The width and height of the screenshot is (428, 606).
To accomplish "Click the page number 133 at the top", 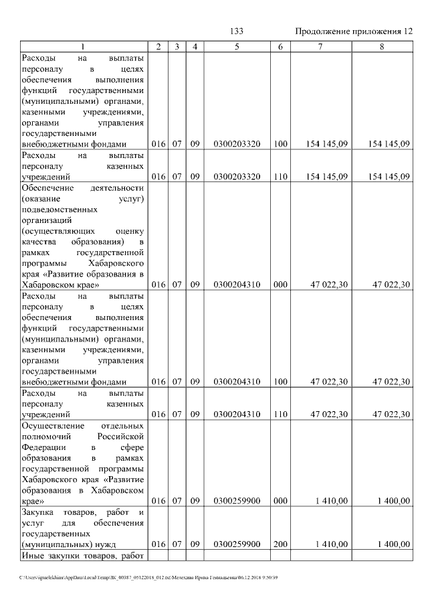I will pyautogui.click(x=236, y=31).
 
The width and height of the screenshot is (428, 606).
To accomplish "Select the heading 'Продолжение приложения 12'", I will pyautogui.click(x=354, y=31).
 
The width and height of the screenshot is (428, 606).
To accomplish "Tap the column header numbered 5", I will pyautogui.click(x=237, y=46).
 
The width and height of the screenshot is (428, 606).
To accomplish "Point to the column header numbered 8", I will pyautogui.click(x=382, y=46).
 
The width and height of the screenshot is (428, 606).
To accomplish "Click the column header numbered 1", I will pyautogui.click(x=83, y=46).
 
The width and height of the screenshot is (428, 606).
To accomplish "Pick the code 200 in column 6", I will pyautogui.click(x=280, y=545).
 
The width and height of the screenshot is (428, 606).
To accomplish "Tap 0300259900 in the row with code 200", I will pyautogui.click(x=237, y=545).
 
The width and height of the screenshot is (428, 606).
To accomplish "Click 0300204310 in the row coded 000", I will pyautogui.click(x=237, y=285).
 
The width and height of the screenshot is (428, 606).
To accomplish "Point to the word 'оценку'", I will pyautogui.click(x=129, y=230).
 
